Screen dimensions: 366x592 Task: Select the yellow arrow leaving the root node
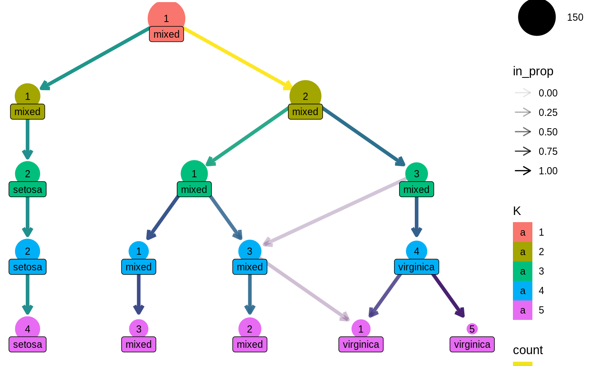[x=237, y=58]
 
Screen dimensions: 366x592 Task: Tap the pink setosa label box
[x=27, y=344]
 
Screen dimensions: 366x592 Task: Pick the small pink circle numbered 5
[x=472, y=329]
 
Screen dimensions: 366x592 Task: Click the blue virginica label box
[x=417, y=267]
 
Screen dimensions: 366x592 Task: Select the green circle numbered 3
[x=417, y=173]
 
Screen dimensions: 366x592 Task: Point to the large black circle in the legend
[x=537, y=17]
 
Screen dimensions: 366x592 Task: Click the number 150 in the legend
[x=575, y=18]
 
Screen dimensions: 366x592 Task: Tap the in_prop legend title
[x=533, y=72]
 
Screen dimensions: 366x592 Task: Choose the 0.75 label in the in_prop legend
[x=548, y=151]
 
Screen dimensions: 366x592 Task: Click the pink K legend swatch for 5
[x=523, y=310]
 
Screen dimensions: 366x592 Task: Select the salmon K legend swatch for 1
[x=523, y=232]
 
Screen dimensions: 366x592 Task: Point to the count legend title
[x=528, y=350]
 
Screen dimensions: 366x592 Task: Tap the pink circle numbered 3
[x=139, y=329]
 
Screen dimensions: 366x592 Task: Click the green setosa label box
[x=27, y=189]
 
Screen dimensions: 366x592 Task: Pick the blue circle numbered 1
[x=139, y=251]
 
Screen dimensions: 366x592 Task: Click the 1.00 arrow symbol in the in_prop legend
[x=523, y=171]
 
